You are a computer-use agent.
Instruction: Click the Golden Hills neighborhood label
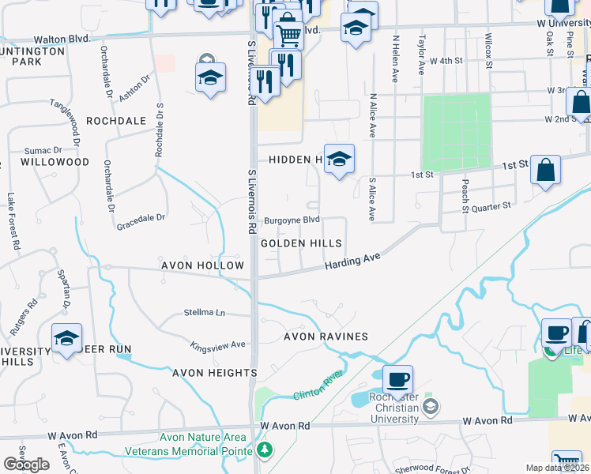(x=302, y=244)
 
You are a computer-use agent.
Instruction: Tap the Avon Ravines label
(x=326, y=337)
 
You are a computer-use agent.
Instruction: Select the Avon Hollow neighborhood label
(x=203, y=265)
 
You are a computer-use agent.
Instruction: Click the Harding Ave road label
(x=352, y=262)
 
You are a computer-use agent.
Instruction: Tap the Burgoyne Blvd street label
(x=292, y=220)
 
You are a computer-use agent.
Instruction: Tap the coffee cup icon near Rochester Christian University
(x=397, y=380)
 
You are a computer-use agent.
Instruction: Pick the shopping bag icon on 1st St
(x=545, y=170)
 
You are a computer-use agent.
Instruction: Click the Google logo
(x=26, y=464)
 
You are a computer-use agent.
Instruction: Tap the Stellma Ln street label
(x=205, y=313)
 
